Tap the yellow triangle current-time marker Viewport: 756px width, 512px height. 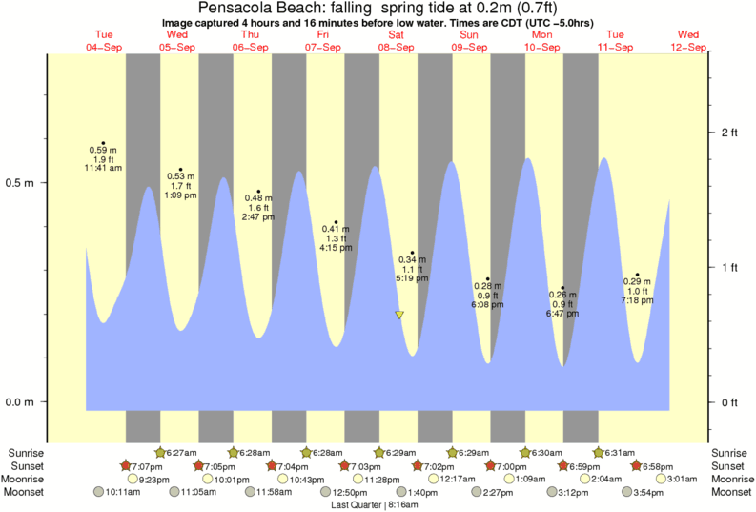399,315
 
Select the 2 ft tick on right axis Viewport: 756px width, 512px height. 729,132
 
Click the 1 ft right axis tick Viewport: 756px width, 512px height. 729,267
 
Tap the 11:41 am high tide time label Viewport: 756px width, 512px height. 103,168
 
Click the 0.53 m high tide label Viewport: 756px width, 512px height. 180,176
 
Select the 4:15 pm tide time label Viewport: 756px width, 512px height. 336,248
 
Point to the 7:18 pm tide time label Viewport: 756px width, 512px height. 637,300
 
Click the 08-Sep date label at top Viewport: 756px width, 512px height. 397,47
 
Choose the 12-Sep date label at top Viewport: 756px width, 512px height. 688,47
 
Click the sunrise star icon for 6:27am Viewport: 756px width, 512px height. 159,452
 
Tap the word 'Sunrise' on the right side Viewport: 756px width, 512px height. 732,452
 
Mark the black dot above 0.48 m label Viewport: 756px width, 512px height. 258,192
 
